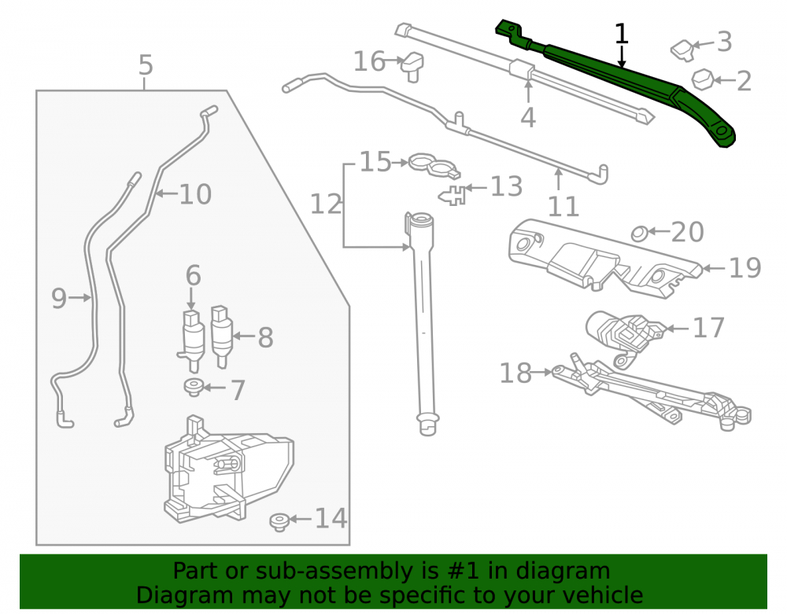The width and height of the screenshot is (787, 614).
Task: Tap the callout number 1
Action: tap(622, 34)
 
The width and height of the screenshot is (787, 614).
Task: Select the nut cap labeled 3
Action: tap(682, 50)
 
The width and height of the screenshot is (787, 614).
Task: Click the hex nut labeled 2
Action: tap(703, 79)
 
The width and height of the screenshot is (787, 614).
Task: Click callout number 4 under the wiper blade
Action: tap(527, 118)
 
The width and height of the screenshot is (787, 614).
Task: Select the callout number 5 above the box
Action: tap(145, 65)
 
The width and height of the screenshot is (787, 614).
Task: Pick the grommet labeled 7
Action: tap(194, 388)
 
